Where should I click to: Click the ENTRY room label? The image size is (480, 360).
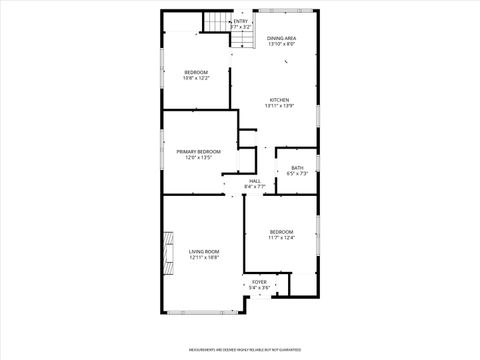(241, 20)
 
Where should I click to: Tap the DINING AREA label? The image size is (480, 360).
(281, 38)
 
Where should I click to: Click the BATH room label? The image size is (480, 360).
(297, 167)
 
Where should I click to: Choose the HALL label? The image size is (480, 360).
(255, 180)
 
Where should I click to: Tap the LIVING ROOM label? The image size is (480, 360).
(203, 251)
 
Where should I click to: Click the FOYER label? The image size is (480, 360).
(259, 282)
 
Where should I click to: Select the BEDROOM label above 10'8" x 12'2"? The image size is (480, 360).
(196, 72)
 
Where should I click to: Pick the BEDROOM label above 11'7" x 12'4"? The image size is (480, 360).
(281, 231)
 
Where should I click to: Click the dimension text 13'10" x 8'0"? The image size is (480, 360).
(281, 44)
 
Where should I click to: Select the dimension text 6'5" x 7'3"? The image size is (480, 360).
(297, 173)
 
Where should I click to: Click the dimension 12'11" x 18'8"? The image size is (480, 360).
(203, 257)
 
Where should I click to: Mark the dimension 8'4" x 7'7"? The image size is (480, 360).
(255, 186)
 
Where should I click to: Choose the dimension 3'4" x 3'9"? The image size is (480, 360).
(259, 288)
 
